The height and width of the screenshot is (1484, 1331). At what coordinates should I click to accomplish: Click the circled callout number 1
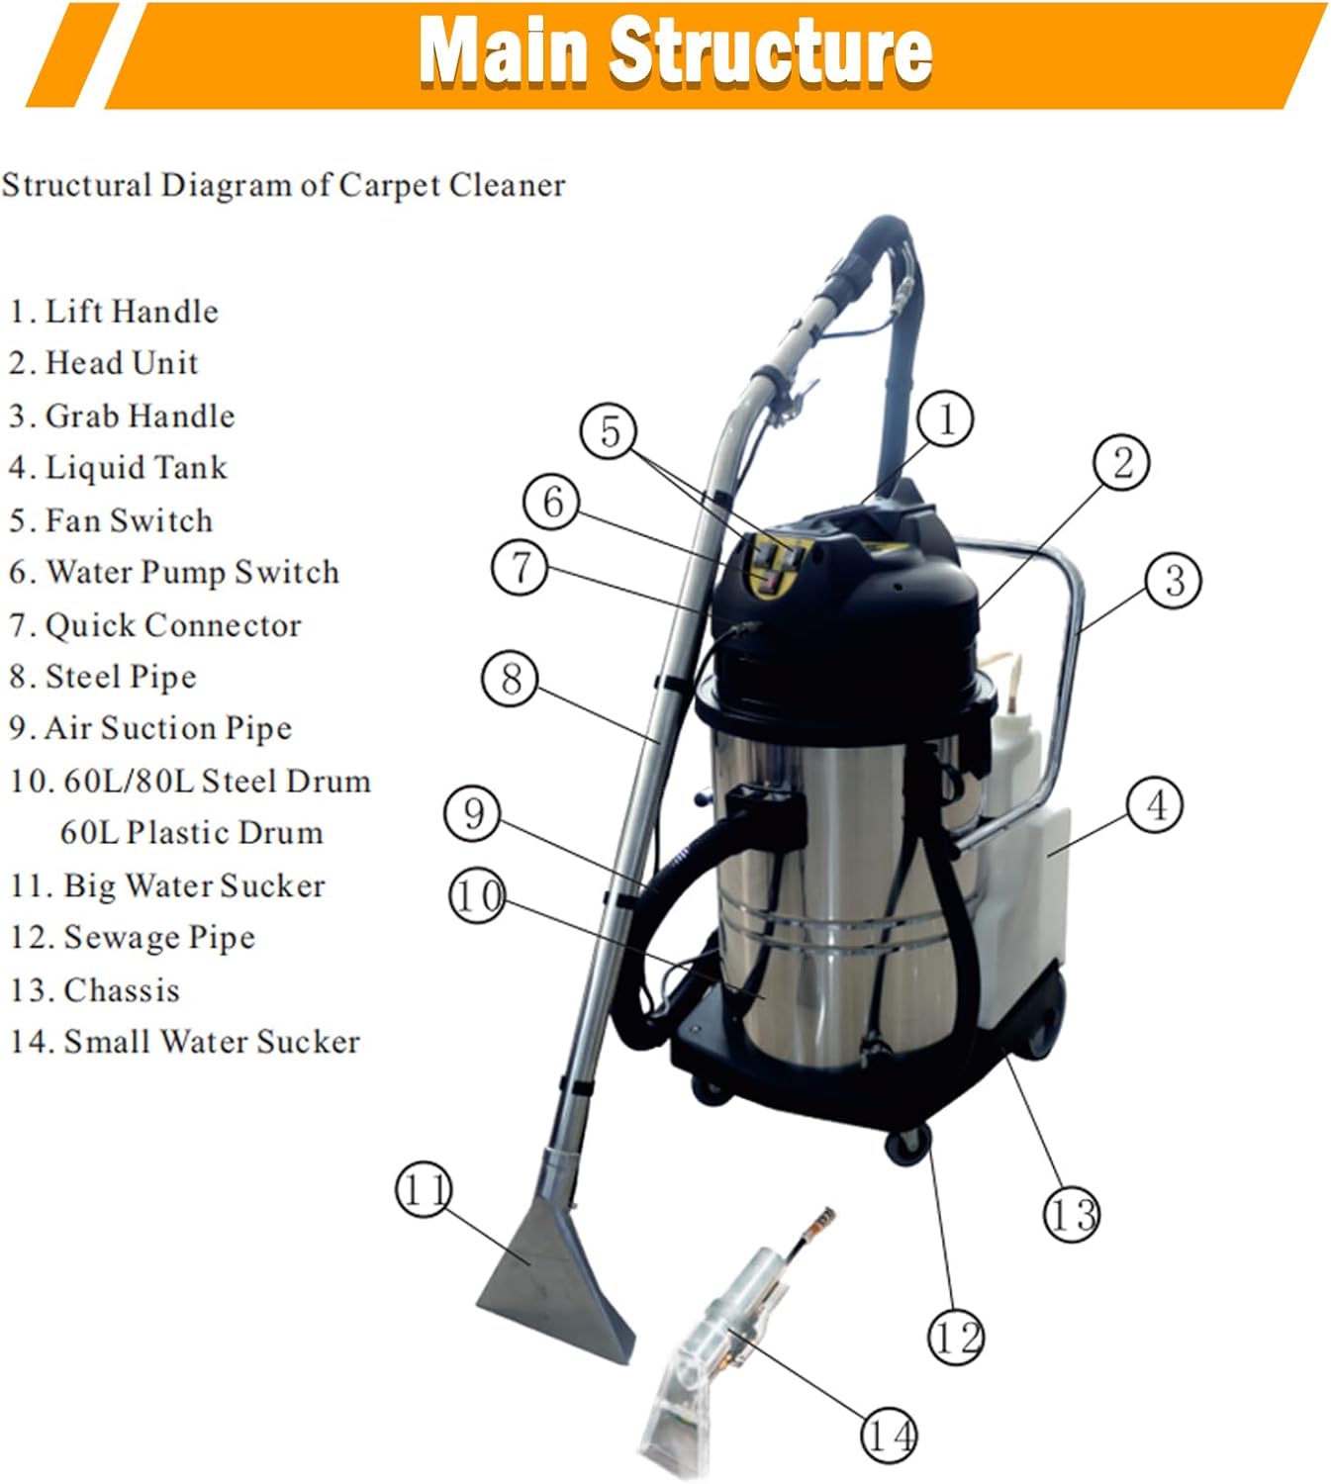pyautogui.click(x=945, y=418)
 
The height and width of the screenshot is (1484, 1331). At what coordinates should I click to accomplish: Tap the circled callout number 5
pyautogui.click(x=610, y=431)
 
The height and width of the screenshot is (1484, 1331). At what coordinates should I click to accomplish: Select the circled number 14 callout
pyautogui.click(x=889, y=1434)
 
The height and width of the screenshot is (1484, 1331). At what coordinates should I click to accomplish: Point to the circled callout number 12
pyautogui.click(x=955, y=1337)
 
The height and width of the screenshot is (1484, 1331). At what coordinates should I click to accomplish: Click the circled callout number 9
pyautogui.click(x=473, y=813)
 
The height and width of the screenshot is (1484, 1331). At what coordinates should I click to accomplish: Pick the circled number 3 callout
pyautogui.click(x=1174, y=581)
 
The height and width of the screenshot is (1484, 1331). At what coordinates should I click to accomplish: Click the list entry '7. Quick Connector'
pyautogui.click(x=154, y=625)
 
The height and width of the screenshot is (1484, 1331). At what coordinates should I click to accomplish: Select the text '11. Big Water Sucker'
pyautogui.click(x=167, y=885)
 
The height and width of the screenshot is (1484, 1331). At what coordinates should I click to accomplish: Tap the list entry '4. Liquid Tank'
pyautogui.click(x=118, y=468)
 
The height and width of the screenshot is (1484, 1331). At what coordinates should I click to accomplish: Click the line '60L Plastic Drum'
pyautogui.click(x=192, y=833)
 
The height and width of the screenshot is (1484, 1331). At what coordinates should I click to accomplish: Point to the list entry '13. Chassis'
pyautogui.click(x=95, y=990)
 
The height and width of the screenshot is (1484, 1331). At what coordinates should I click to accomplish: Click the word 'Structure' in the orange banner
pyautogui.click(x=770, y=51)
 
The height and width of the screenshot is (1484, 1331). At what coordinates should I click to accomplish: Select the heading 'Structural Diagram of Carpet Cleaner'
pyautogui.click(x=284, y=185)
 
